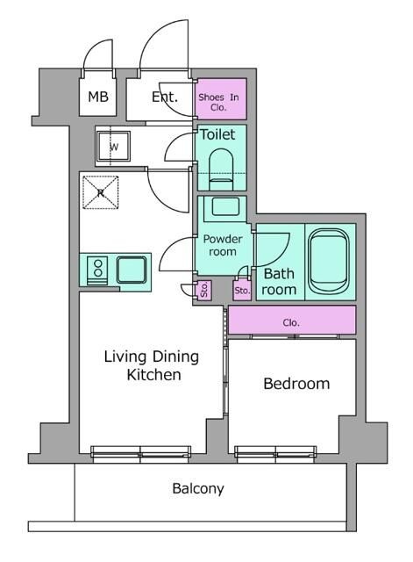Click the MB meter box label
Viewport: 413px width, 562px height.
pyautogui.click(x=98, y=97)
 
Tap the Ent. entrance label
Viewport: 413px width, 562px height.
pyautogui.click(x=165, y=97)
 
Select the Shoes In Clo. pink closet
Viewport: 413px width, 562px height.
pyautogui.click(x=221, y=99)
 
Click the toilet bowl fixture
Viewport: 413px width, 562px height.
pyautogui.click(x=221, y=169)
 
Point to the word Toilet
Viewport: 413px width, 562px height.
pyautogui.click(x=217, y=134)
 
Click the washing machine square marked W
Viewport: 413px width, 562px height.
pyautogui.click(x=114, y=147)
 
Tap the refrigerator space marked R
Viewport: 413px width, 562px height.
pyautogui.click(x=101, y=192)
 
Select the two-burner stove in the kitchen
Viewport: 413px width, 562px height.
pyautogui.click(x=97, y=270)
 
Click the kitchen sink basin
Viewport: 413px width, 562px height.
pyautogui.click(x=132, y=270)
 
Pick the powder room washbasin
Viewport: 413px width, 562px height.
pyautogui.click(x=225, y=206)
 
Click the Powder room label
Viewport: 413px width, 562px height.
pyautogui.click(x=223, y=245)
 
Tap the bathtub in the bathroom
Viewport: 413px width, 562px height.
pyautogui.click(x=329, y=262)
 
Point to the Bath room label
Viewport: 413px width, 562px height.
pyautogui.click(x=279, y=282)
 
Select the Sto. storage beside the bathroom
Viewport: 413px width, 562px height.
pyautogui.click(x=242, y=291)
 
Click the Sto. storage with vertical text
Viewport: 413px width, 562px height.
pyautogui.click(x=204, y=290)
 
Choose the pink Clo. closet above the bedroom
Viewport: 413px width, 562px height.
pyautogui.click(x=292, y=320)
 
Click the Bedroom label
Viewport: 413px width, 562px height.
pyautogui.click(x=296, y=384)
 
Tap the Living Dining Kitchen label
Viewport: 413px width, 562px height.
pyautogui.click(x=152, y=365)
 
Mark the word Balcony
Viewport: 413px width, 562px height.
pyautogui.click(x=198, y=488)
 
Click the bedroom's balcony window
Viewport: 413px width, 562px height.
pyautogui.click(x=275, y=452)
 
